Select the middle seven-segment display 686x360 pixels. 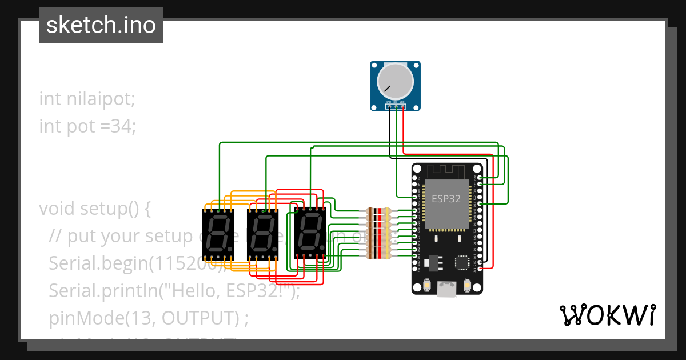point(262,234)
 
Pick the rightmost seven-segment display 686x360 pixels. point(310,234)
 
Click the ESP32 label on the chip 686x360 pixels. point(446,199)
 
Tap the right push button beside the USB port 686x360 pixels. point(467,284)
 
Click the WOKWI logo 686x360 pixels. point(607,315)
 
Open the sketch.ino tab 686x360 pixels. point(101,25)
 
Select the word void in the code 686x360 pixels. point(57,209)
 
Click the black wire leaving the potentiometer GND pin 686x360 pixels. point(390,131)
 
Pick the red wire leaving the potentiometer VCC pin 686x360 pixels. point(404,131)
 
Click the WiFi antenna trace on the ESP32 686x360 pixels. point(447,170)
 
